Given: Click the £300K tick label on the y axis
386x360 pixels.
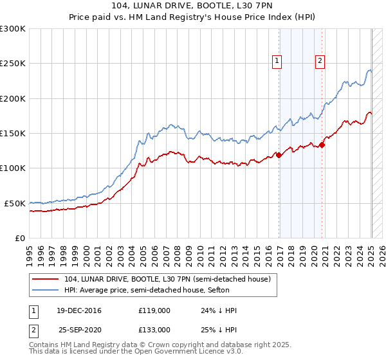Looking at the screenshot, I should pyautogui.click(x=13, y=29).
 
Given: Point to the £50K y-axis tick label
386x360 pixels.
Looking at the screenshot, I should pyautogui.click(x=15, y=203).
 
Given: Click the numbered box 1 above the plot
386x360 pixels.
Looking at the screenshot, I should pyautogui.click(x=277, y=61).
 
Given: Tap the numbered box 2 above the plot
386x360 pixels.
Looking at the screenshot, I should pyautogui.click(x=320, y=61).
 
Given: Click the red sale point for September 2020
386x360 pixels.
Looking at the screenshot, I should pyautogui.click(x=322, y=145).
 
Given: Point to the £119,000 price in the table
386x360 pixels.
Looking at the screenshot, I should pyautogui.click(x=155, y=310).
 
